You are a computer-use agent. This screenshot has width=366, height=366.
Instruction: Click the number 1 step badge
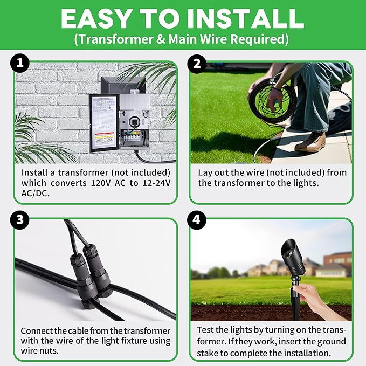(x=19, y=64)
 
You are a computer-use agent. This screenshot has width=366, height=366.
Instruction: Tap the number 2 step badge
(x=196, y=64)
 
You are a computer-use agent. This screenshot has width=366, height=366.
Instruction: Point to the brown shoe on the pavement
(x=310, y=142)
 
